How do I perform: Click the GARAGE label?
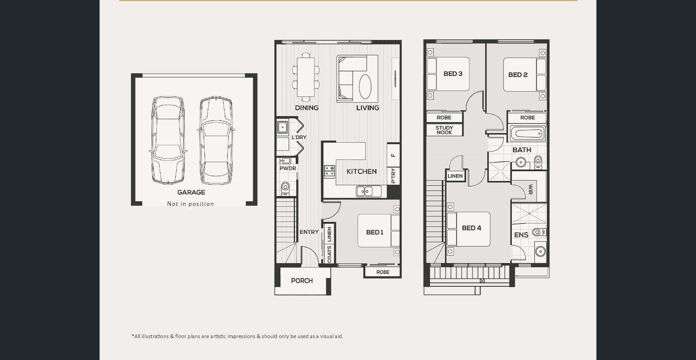191,193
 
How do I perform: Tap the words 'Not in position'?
190,204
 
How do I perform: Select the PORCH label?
302,281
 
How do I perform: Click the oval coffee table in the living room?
365,87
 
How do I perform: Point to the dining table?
305,77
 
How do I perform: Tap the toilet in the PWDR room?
285,188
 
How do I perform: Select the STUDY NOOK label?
444,130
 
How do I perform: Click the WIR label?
530,190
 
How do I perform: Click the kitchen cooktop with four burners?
330,171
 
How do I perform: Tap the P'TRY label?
393,176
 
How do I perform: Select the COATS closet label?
329,254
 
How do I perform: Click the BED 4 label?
472,228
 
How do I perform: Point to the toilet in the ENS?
539,232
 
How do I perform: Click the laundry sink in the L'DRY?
282,127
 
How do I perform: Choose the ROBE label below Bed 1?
383,272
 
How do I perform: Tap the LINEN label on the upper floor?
455,176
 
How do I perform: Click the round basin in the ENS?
540,251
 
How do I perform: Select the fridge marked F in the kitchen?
393,155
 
